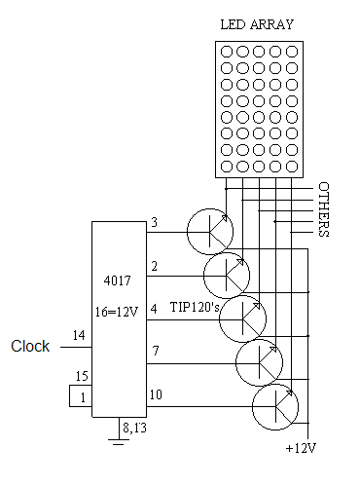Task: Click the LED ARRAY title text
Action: (x=257, y=24)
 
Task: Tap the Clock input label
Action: (x=30, y=346)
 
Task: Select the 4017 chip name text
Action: (x=118, y=280)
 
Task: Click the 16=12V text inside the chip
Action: (x=117, y=312)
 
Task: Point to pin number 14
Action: (x=79, y=335)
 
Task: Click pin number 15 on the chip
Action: (x=82, y=376)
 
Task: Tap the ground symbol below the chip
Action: (x=119, y=442)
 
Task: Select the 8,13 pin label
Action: (x=134, y=428)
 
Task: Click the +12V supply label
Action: (x=301, y=448)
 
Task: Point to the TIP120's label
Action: (x=195, y=307)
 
